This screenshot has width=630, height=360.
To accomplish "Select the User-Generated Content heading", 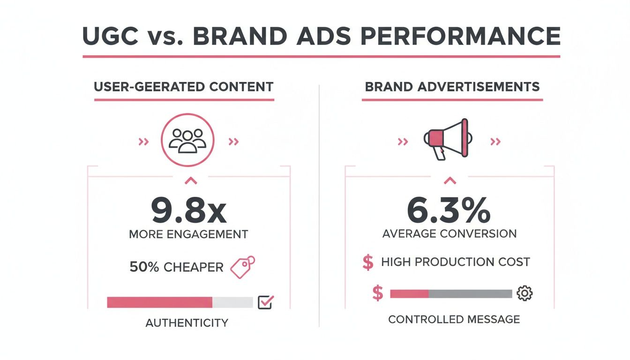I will pyautogui.click(x=184, y=87).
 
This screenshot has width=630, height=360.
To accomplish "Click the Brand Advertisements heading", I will pyautogui.click(x=452, y=87).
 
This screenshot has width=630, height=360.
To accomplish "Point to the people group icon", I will pyautogui.click(x=187, y=140).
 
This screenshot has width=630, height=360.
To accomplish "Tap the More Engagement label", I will pyautogui.click(x=188, y=234).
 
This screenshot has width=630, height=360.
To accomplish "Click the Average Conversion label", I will pyautogui.click(x=449, y=233).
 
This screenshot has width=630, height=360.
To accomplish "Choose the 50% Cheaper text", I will pyautogui.click(x=176, y=267).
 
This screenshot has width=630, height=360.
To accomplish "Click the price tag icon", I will pyautogui.click(x=243, y=267).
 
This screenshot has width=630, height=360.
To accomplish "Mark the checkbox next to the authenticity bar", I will pyautogui.click(x=265, y=302).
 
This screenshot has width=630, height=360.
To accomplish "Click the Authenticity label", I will pyautogui.click(x=187, y=322).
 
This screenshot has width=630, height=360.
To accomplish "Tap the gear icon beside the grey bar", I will pyautogui.click(x=524, y=293).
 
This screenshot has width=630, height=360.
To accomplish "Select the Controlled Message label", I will pyautogui.click(x=454, y=320).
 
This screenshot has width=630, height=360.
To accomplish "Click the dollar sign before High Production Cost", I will pyautogui.click(x=368, y=262).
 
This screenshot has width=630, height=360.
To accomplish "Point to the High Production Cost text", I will pyautogui.click(x=455, y=262).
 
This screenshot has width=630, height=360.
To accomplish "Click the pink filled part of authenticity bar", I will pyautogui.click(x=159, y=302).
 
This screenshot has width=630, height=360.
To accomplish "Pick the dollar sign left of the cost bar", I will pyautogui.click(x=377, y=293).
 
